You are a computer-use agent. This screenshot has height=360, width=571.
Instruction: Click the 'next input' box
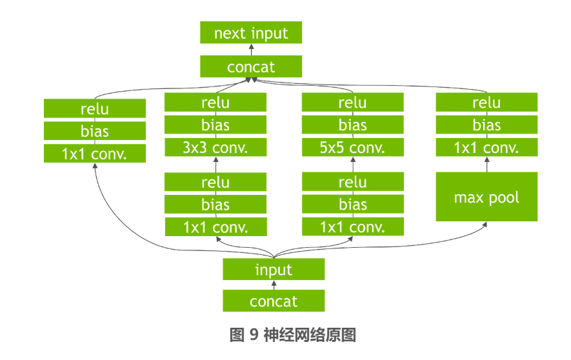click(x=251, y=32)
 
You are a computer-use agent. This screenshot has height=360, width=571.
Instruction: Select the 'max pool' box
click(x=486, y=197)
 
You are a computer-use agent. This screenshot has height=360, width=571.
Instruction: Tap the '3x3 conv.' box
click(x=215, y=148)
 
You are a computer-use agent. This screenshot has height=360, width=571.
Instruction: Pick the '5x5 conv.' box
click(x=352, y=148)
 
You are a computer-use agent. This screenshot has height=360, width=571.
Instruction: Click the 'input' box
click(x=274, y=270)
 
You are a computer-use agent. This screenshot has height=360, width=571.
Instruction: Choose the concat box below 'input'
click(x=274, y=301)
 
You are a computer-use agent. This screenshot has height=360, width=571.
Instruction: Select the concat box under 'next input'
click(x=251, y=66)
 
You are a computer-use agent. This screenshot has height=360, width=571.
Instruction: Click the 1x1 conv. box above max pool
click(x=486, y=148)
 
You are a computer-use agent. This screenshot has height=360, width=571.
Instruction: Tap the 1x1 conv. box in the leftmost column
click(x=95, y=154)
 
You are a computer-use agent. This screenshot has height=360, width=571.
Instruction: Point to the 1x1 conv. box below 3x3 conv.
click(x=215, y=227)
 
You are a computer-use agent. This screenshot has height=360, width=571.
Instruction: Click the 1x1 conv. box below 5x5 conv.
click(x=352, y=227)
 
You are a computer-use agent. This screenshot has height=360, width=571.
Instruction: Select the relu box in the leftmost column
click(x=95, y=108)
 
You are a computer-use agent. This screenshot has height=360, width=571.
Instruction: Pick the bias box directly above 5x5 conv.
click(x=352, y=125)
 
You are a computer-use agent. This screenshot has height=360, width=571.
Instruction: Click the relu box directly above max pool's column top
click(x=486, y=103)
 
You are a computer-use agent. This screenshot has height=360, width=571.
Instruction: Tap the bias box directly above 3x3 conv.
click(x=215, y=125)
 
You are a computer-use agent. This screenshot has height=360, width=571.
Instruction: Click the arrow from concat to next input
click(x=251, y=50)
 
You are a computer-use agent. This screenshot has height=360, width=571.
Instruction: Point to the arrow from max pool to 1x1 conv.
click(x=486, y=165)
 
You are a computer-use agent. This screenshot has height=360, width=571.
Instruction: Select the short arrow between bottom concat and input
click(x=274, y=285)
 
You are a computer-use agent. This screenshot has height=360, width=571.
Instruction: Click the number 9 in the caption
click(x=254, y=335)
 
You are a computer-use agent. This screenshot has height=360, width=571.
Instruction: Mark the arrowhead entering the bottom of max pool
click(x=485, y=225)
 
